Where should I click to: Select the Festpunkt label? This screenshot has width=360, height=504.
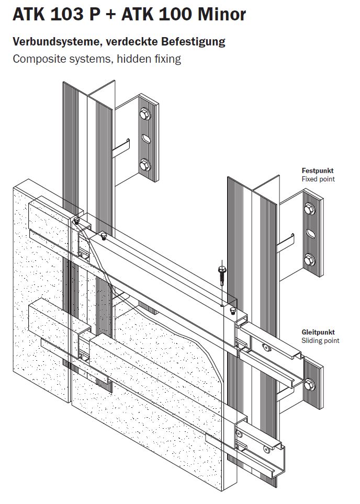tap(318, 170)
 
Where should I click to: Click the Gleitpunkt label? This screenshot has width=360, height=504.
tap(318, 332)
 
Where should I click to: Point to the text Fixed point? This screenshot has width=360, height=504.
tap(318, 179)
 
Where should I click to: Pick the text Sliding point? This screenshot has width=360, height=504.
tap(320, 341)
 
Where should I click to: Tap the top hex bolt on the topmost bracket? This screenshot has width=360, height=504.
tap(144, 112)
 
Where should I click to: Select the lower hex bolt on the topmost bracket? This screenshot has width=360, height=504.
tap(144, 166)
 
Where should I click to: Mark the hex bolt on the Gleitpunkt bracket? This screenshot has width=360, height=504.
tap(308, 385)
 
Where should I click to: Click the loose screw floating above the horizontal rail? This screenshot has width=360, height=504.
tap(222, 272)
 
